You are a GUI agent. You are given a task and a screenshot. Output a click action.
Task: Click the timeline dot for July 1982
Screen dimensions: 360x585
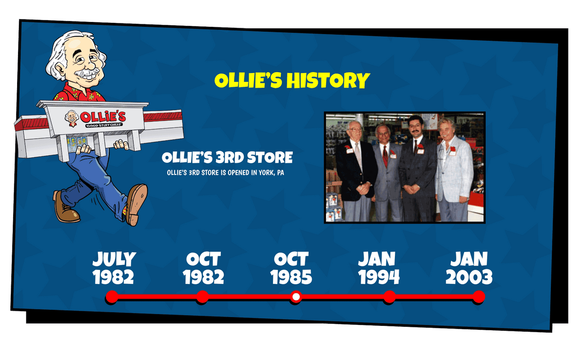(112, 297)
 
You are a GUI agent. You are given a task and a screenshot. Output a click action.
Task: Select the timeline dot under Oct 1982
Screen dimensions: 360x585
(202, 297)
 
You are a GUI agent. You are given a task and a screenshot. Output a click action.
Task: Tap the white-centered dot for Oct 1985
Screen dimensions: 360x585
(295, 297)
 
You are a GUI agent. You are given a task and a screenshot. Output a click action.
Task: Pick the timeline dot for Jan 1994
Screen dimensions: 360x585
(389, 297)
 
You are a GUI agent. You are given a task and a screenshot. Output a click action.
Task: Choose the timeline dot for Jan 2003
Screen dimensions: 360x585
(479, 297)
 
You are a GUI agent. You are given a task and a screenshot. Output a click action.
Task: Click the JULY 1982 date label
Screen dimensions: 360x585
(114, 268)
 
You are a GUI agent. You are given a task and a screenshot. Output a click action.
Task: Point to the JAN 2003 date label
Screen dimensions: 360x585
(469, 268)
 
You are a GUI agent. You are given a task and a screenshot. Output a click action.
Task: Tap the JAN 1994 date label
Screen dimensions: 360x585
(379, 268)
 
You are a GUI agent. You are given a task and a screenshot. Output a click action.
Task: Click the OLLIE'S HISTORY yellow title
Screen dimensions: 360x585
(292, 80)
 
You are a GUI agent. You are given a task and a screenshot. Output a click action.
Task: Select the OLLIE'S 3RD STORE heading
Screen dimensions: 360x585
(227, 157)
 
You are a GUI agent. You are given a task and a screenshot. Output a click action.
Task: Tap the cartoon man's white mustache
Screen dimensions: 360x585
(88, 74)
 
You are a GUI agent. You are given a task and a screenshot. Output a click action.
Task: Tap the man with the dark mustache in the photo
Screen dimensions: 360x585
(417, 168)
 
